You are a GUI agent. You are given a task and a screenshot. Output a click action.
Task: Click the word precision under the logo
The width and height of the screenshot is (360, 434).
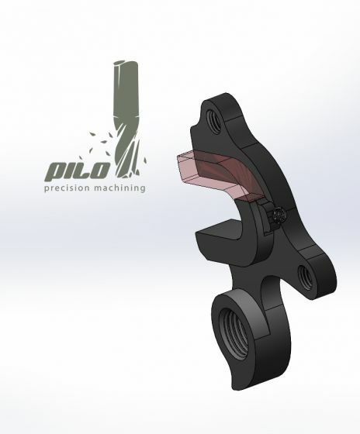tap(67, 188)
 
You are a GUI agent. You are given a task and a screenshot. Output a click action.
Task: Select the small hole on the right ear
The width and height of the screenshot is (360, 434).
tap(302, 273)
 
